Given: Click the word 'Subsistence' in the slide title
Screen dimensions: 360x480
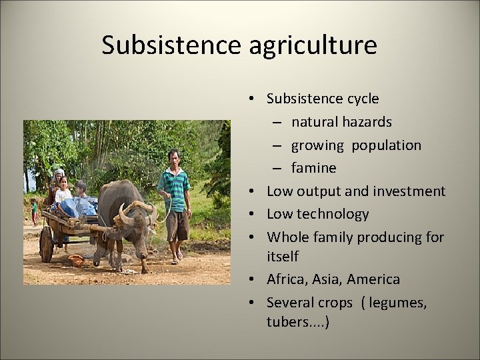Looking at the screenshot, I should tap(169, 45).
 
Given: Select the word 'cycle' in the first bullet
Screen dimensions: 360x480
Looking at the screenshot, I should tap(362, 99).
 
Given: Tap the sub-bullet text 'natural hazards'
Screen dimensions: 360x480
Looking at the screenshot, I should tap(341, 122).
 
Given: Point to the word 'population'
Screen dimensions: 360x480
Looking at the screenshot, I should tap(387, 145).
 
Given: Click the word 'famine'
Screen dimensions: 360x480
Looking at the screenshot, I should tap(313, 167).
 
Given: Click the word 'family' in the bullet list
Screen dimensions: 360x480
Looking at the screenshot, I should tap(333, 237).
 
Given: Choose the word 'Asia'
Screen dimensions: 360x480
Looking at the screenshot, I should tap(331, 279).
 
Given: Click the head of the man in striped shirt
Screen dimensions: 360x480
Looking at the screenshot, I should tap(174, 157).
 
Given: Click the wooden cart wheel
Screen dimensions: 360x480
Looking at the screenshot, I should tap(46, 243).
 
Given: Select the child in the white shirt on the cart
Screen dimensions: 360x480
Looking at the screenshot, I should tap(63, 192).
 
